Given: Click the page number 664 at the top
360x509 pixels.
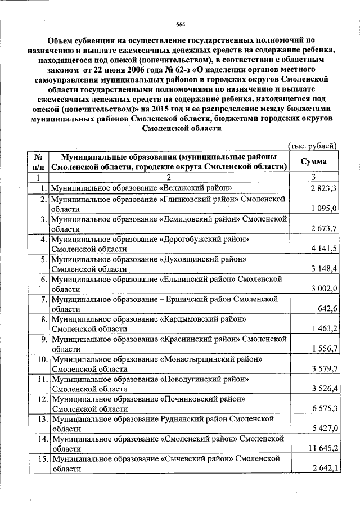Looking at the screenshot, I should coord(181,24).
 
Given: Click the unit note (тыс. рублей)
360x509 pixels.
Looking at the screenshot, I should coord(312,145).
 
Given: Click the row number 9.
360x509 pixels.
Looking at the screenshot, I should coord(43,339).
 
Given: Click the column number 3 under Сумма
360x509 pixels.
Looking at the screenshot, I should coord(312,177).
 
